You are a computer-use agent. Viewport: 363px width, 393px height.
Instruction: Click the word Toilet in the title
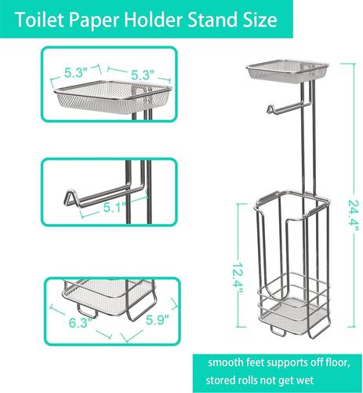pyautogui.click(x=40, y=20)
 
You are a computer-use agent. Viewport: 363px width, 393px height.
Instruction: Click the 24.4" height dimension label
pyautogui.click(x=353, y=215)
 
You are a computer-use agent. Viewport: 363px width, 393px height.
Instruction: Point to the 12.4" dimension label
pyautogui.click(x=237, y=278)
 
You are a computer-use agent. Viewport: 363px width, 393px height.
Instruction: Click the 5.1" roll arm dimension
pyautogui.click(x=114, y=208)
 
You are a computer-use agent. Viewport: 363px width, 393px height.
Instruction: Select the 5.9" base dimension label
pyautogui.click(x=157, y=320)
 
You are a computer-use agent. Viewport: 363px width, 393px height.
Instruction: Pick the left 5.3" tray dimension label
pyautogui.click(x=76, y=72)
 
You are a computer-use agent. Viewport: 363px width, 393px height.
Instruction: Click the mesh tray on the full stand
pyautogui.click(x=287, y=71)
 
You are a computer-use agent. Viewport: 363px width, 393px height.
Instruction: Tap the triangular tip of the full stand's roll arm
pyautogui.click(x=270, y=109)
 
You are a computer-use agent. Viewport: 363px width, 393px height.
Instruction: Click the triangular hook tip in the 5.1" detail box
pyautogui.click(x=69, y=197)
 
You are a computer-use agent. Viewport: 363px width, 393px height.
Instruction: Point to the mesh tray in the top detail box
pyautogui.click(x=113, y=97)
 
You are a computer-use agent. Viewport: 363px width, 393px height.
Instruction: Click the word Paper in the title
pyautogui.click(x=94, y=20)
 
